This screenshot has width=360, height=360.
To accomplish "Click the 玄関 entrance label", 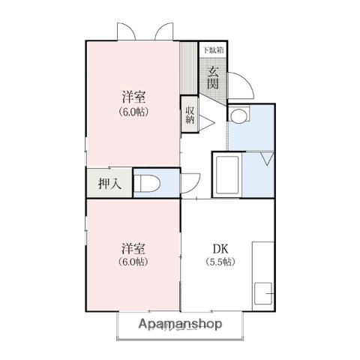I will click(213, 78).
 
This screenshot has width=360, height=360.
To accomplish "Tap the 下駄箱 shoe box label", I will click(213, 50).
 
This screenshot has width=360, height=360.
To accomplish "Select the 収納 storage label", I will click(190, 114).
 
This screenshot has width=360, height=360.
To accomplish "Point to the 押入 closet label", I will click(109, 182).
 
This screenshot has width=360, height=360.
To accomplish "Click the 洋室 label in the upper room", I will click(133, 97).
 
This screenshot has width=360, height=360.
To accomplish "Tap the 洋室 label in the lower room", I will click(133, 249).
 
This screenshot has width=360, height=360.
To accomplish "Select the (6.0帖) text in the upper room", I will click(133, 112).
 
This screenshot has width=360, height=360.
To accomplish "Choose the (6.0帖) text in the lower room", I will click(133, 262).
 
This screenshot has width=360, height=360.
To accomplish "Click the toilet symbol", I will click(148, 182).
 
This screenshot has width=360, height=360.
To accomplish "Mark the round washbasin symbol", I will click(238, 115).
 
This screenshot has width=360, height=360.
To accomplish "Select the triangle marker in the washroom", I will click(266, 158).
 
